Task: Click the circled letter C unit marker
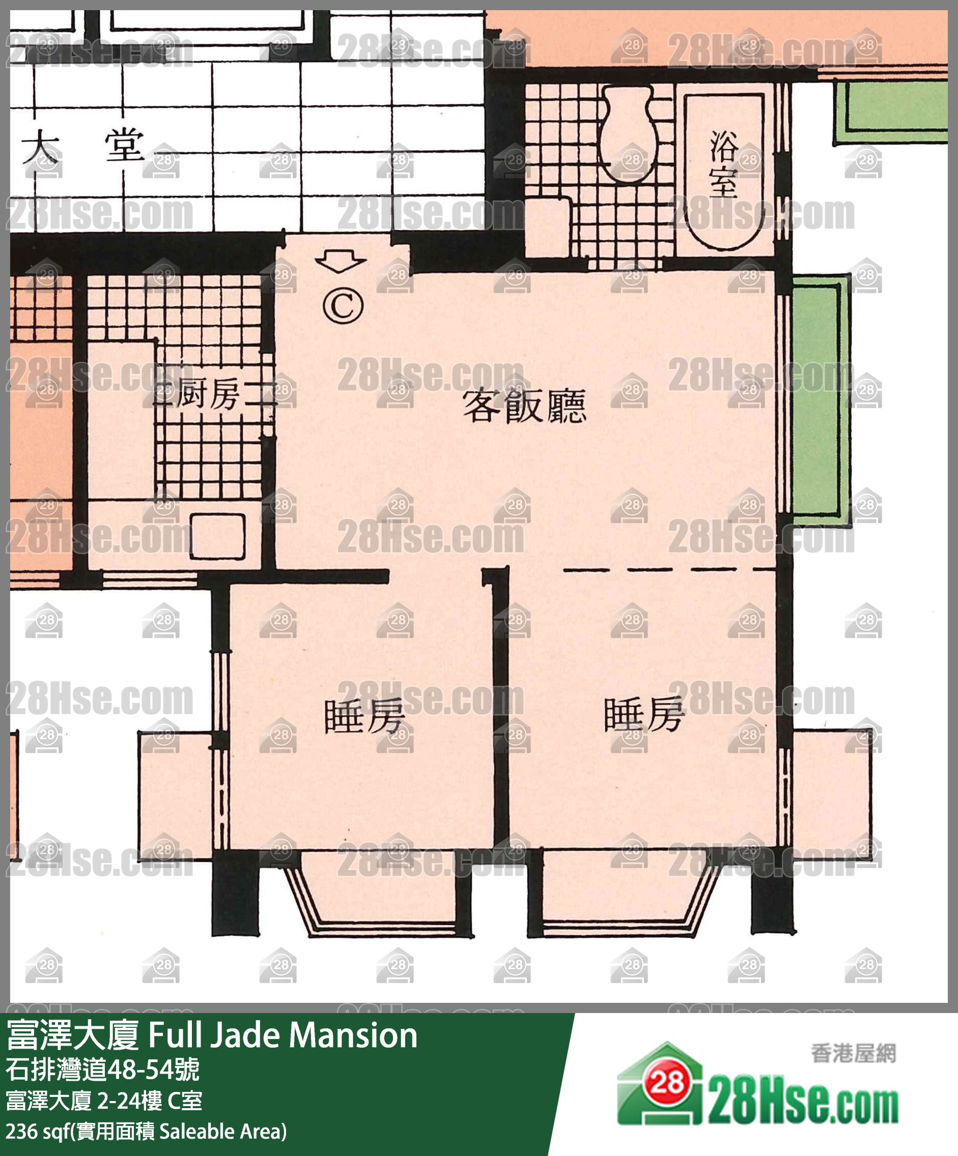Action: [x=343, y=306]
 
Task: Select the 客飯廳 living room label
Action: [x=524, y=406]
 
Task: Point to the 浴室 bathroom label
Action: [x=723, y=163]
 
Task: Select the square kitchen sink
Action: [x=217, y=536]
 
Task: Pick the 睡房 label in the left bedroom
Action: [x=365, y=716]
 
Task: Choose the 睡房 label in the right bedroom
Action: [x=644, y=714]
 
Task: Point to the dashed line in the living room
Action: [x=669, y=570]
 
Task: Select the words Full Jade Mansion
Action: [x=283, y=1035]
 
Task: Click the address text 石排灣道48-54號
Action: [x=103, y=1070]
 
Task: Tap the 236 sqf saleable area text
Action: [x=147, y=1132]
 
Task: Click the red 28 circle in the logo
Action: [x=668, y=1082]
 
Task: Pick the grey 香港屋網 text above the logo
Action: [x=853, y=1054]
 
